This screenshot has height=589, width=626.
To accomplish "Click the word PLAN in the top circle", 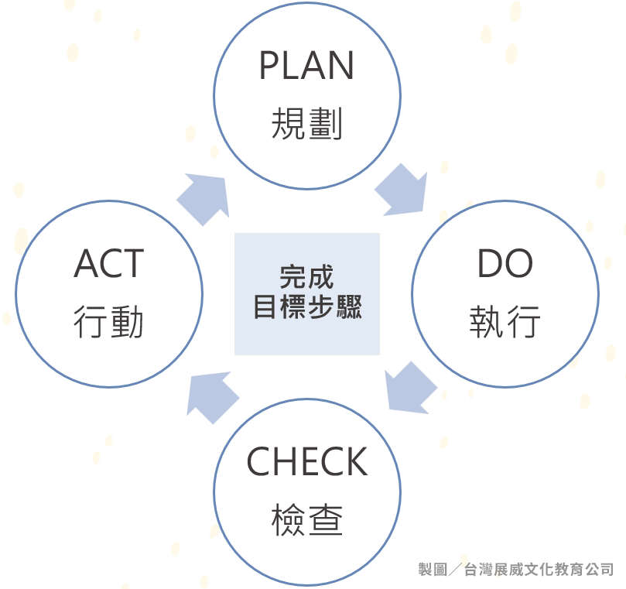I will [x=306, y=66].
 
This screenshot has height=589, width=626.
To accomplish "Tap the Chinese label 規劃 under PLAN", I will [x=306, y=124].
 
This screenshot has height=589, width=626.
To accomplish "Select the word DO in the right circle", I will [x=505, y=265].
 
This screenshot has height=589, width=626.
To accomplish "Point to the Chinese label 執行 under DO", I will [x=505, y=322].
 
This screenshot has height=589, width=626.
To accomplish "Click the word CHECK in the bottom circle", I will [x=306, y=462].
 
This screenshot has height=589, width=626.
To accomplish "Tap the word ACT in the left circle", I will [x=109, y=265].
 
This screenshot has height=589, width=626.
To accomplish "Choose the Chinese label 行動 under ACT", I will [x=109, y=322].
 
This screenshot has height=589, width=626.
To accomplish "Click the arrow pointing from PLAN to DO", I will [x=402, y=190].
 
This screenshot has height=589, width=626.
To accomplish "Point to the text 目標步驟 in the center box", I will [x=306, y=307].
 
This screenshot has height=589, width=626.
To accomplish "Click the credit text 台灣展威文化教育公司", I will [x=539, y=570].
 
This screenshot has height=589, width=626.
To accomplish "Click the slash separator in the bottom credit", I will [x=455, y=570].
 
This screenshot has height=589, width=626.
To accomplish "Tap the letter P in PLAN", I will [x=268, y=66].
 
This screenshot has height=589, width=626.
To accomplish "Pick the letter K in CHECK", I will [x=355, y=462].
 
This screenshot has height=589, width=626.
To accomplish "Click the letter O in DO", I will [x=518, y=265].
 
